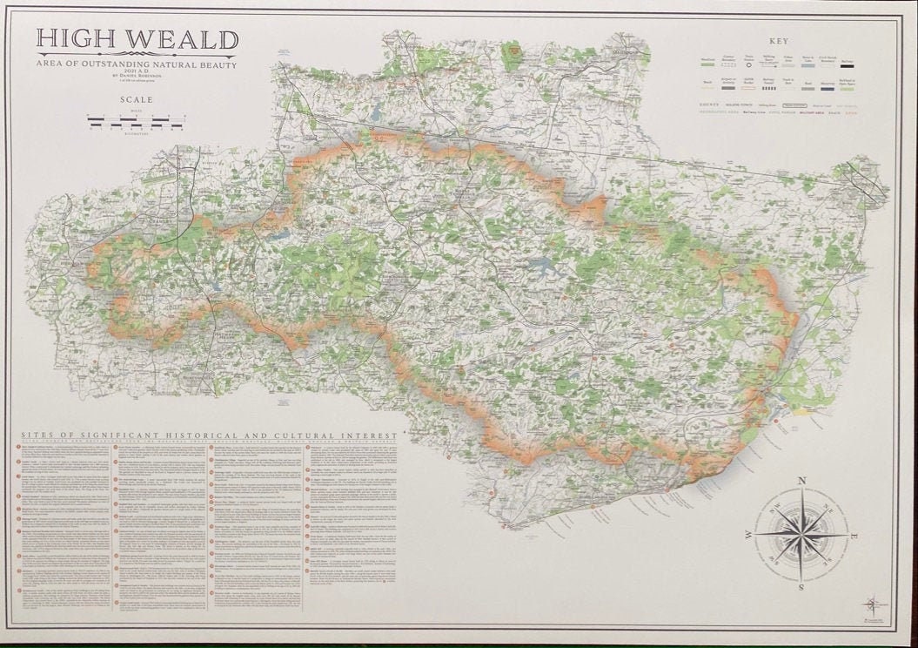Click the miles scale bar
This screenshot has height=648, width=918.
[135, 117]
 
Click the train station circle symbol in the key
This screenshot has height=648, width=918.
[749, 63]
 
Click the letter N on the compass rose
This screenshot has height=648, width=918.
[801, 481]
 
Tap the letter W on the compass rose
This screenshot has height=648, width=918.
[747, 534]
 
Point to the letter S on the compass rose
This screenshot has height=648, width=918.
[801, 587]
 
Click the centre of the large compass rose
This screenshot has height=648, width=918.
[801, 534]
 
